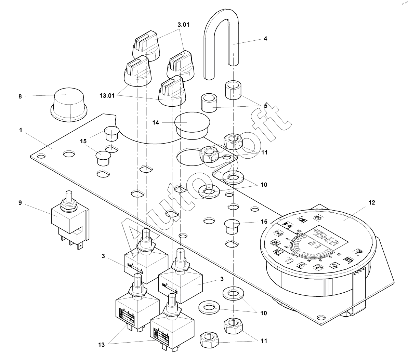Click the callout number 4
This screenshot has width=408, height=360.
[265, 39]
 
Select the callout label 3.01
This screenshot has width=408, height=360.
[183, 25]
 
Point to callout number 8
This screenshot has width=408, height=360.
[20, 97]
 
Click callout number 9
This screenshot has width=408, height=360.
[20, 202]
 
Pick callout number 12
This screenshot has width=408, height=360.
[372, 203]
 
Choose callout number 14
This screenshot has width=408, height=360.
[156, 122]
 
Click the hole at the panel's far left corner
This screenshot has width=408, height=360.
[41, 157]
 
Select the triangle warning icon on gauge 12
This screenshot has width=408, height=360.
[359, 251]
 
